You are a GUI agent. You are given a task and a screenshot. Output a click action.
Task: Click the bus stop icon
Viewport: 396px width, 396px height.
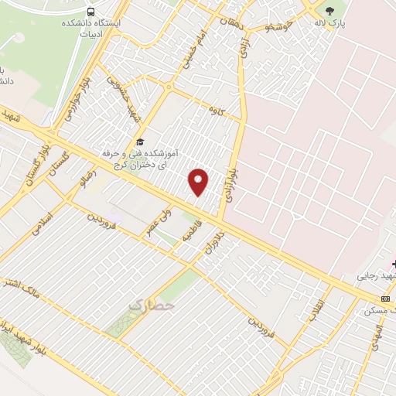(x=92, y=12)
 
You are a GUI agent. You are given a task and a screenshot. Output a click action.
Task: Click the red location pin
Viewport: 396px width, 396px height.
(x=199, y=182)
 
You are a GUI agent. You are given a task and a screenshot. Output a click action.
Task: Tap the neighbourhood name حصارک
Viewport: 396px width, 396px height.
(x=150, y=307)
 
